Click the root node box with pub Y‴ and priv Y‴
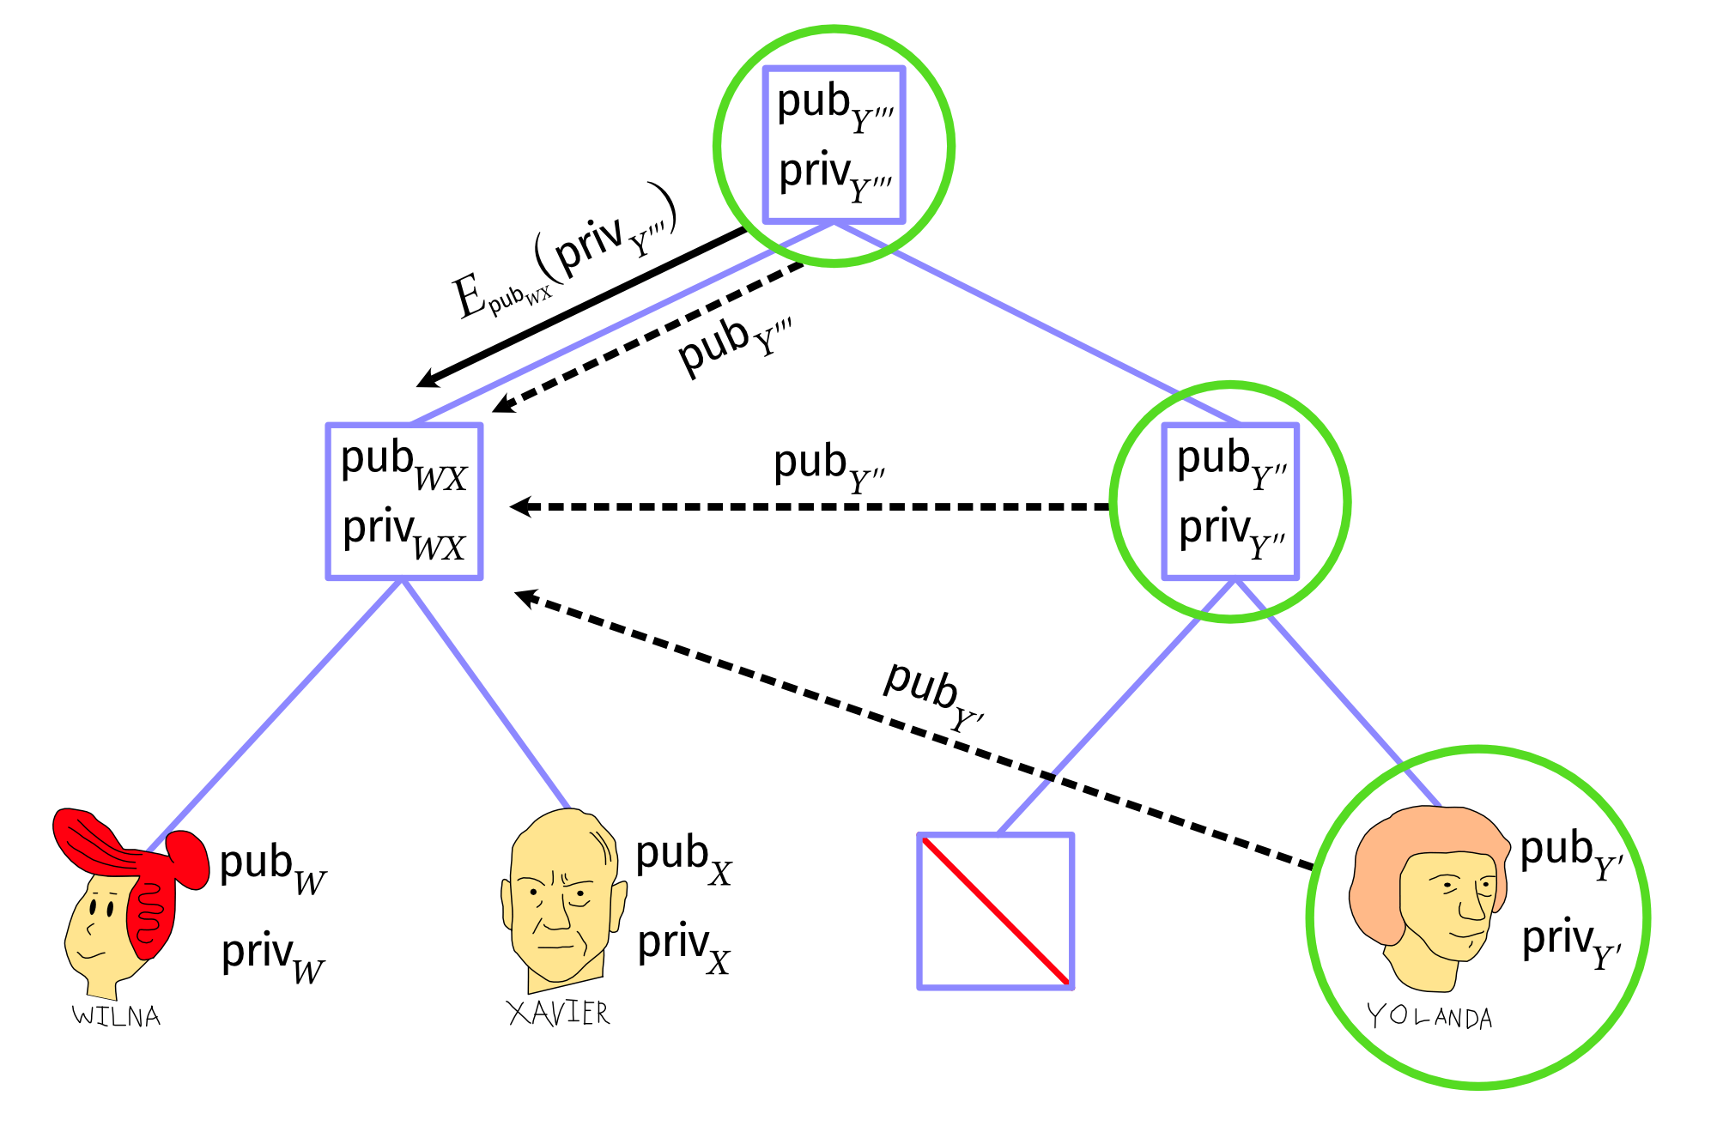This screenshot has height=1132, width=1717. (834, 144)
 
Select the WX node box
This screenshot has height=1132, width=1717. (403, 501)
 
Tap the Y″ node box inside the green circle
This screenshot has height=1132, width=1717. (1229, 501)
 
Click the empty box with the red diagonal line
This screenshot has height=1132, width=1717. (995, 911)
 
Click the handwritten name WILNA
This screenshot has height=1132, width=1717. (117, 1016)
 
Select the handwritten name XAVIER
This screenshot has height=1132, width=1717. (558, 1014)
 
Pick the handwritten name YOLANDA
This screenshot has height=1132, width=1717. (1429, 1018)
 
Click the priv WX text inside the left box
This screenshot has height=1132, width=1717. (403, 534)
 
